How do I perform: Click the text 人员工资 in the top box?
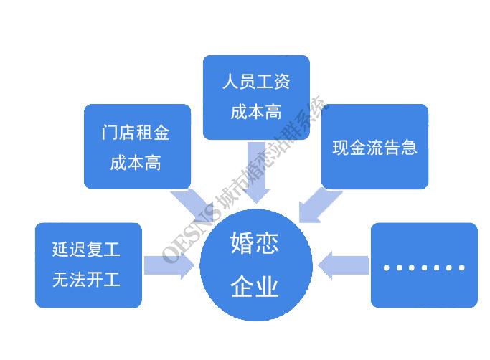[x=256, y=82]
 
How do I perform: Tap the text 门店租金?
[x=136, y=133]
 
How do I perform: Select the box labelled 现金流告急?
[x=374, y=146]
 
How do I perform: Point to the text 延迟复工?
[x=86, y=250]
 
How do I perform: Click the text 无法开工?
[x=86, y=280]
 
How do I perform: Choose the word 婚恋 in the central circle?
[x=255, y=243]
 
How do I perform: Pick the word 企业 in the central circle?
[x=255, y=286]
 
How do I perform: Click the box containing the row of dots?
[x=424, y=265]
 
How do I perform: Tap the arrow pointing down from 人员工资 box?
[x=256, y=173]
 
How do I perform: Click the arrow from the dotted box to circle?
[x=343, y=265]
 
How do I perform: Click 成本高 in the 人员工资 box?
[x=256, y=112]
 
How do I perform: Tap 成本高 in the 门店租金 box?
[x=136, y=163]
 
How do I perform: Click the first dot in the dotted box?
[x=387, y=267]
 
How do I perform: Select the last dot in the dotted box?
[x=462, y=267]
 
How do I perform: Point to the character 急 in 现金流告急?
[x=409, y=148]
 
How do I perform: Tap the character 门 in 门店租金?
[x=109, y=133]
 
